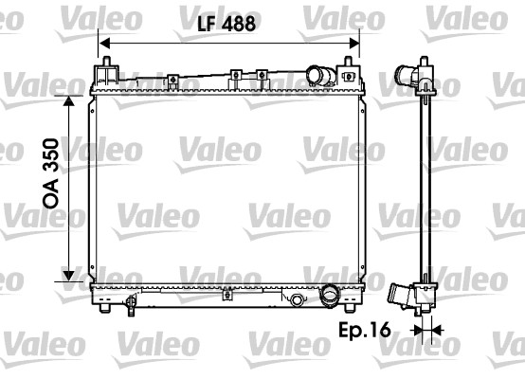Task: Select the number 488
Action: coord(238,26)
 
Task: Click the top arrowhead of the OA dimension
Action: coord(69,100)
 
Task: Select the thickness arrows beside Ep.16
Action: coord(428,331)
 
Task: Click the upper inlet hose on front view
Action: coord(324,74)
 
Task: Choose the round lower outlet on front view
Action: coord(331,295)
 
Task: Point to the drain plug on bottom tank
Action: coord(297,301)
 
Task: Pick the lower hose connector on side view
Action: coord(405,297)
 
